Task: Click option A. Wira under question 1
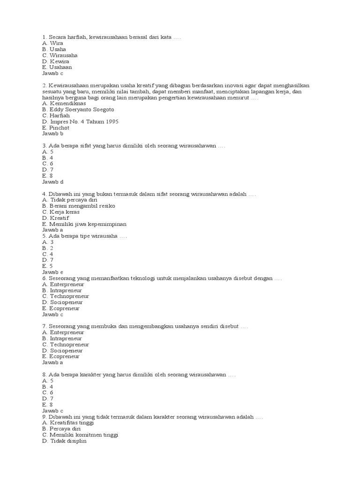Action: (52, 43)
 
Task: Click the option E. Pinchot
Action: (55, 128)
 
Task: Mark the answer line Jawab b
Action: (52, 134)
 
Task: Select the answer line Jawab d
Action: (52, 182)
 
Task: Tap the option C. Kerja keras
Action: (60, 212)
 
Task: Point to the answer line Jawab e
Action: (52, 272)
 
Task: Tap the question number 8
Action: (44, 375)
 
